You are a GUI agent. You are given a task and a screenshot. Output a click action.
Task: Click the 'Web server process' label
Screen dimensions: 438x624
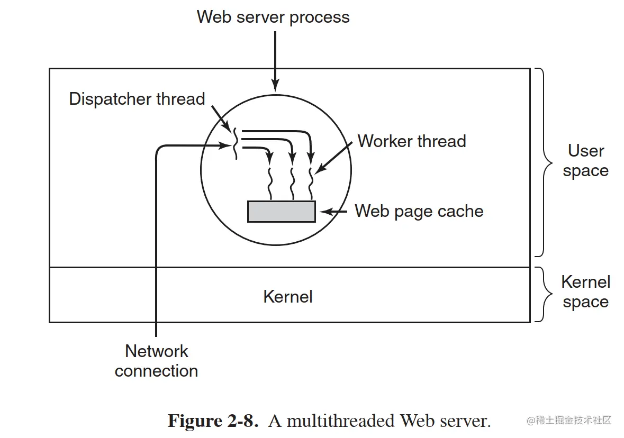(273, 17)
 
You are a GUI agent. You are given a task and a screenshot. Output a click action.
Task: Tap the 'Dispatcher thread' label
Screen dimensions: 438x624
(137, 99)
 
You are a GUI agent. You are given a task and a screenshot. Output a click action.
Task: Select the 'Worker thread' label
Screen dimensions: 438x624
(412, 141)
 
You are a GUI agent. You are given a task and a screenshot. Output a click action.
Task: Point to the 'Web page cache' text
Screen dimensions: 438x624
(419, 211)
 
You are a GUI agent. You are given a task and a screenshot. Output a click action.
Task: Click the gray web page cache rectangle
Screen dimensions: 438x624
(282, 212)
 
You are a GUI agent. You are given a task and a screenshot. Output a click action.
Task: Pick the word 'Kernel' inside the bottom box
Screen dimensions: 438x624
(288, 296)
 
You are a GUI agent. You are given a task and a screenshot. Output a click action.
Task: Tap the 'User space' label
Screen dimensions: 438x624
(586, 161)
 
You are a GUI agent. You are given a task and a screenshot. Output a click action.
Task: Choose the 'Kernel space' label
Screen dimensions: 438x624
(586, 292)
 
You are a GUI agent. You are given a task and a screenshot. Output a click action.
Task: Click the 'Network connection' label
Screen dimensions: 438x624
(157, 361)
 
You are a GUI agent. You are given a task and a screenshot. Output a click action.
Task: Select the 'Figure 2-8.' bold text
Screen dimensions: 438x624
(213, 421)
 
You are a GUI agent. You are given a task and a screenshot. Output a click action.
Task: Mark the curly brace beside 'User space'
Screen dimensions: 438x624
(542, 162)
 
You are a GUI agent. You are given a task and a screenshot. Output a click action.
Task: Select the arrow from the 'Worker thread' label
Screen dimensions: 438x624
(333, 158)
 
